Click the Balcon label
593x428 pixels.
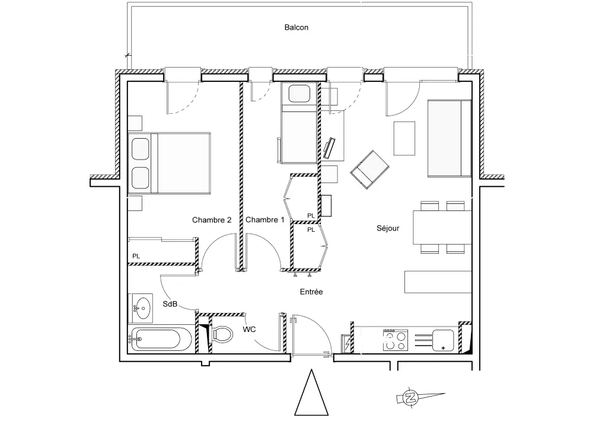click(x=296, y=27)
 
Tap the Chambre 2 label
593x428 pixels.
click(x=212, y=220)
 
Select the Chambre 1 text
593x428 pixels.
click(x=264, y=220)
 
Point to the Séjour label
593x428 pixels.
click(x=388, y=228)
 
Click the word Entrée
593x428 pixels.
click(x=311, y=292)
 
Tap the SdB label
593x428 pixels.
click(x=170, y=304)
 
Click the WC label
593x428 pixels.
click(x=249, y=330)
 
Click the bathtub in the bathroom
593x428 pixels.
click(x=155, y=338)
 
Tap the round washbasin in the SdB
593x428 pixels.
click(x=143, y=308)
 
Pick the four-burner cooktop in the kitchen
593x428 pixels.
click(x=395, y=340)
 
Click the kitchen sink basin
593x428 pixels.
click(x=443, y=340)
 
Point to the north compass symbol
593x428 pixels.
click(x=410, y=398)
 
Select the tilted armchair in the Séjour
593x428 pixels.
click(x=369, y=170)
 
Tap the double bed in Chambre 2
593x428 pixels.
click(x=170, y=164)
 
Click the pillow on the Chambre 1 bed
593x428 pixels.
click(x=299, y=94)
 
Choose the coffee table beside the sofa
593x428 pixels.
click(x=404, y=138)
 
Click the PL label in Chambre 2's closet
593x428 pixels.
click(x=136, y=256)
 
